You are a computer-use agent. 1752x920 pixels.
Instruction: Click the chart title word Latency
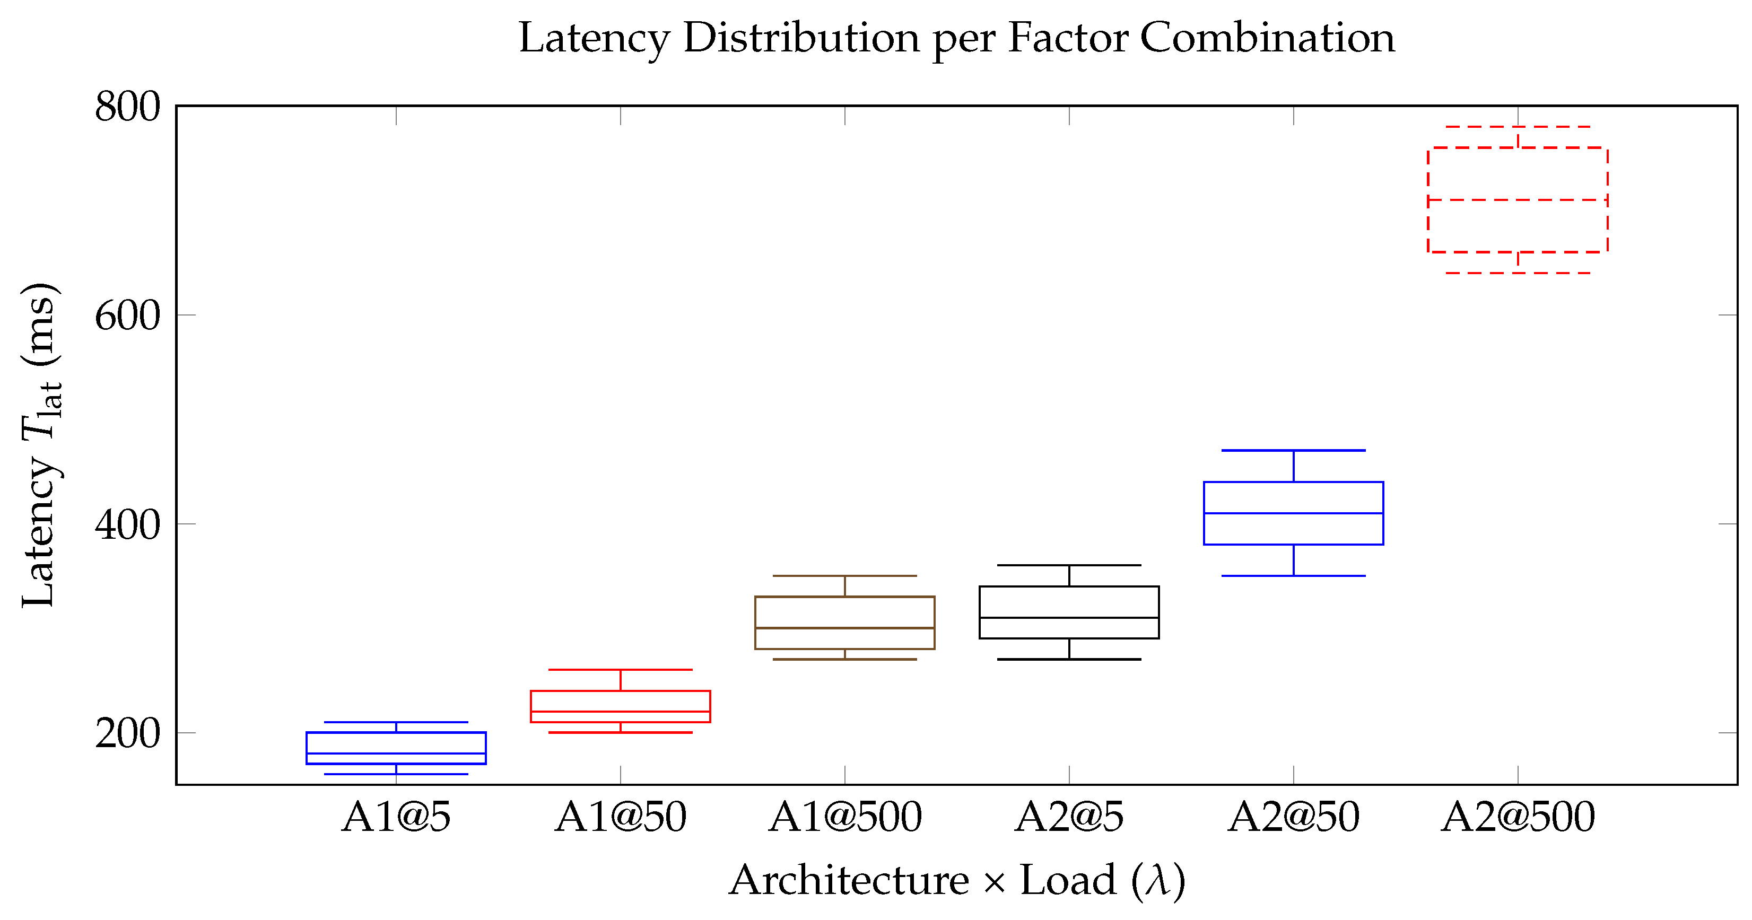coord(594,39)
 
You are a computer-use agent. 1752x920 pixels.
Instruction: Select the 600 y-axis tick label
coord(127,316)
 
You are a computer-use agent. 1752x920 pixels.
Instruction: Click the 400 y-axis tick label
coord(127,524)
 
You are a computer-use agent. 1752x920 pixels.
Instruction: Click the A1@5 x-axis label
coord(396,817)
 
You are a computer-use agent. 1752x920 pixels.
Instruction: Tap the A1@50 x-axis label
coord(620,817)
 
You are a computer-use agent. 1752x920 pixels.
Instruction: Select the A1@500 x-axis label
coord(845,817)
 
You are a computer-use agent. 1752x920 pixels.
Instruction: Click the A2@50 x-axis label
coord(1293,817)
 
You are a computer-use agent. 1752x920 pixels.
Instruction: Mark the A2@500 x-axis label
coord(1518,817)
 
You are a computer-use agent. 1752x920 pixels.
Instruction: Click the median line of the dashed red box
coord(1518,200)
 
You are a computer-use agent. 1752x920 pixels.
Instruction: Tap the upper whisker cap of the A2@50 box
coord(1293,450)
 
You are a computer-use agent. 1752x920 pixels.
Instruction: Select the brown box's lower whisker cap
coord(845,659)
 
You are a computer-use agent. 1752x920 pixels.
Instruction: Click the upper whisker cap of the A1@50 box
coord(620,670)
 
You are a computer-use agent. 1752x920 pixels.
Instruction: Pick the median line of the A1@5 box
coord(396,753)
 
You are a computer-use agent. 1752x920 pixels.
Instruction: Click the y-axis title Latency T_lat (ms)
coord(39,445)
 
